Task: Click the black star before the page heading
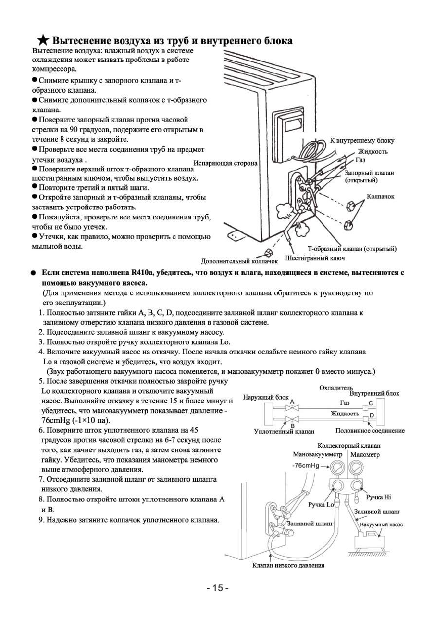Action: pyautogui.click(x=43, y=40)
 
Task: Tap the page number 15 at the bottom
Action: pyautogui.click(x=218, y=588)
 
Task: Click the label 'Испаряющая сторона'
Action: pyautogui.click(x=226, y=163)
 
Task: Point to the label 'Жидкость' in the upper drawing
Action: pyautogui.click(x=373, y=151)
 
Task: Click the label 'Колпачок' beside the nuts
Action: pyautogui.click(x=381, y=196)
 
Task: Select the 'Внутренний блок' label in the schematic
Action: pyautogui.click(x=374, y=393)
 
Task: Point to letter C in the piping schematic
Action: pyautogui.click(x=371, y=403)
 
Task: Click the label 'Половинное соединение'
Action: pyautogui.click(x=370, y=431)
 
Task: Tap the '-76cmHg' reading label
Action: pyautogui.click(x=305, y=465)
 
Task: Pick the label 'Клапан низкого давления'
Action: pyautogui.click(x=288, y=565)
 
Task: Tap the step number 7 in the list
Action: pyautogui.click(x=41, y=479)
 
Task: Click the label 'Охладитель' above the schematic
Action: pyautogui.click(x=334, y=388)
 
